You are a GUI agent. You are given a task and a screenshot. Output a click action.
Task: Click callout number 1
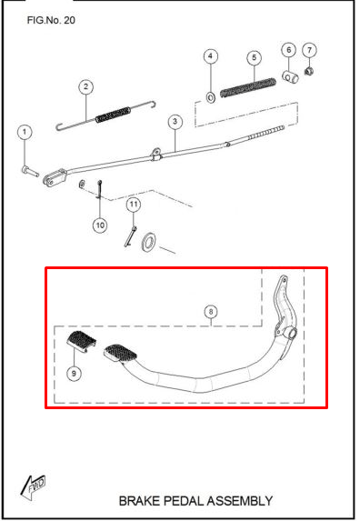(x=25, y=132)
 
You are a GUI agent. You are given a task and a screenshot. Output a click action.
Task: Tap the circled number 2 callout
(x=86, y=86)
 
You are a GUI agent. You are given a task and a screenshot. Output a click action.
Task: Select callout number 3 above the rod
(x=175, y=122)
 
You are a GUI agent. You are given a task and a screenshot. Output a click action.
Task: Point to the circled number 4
(x=211, y=56)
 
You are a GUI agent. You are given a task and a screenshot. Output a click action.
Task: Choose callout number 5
(x=254, y=58)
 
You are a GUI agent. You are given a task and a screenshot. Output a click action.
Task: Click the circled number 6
(x=288, y=50)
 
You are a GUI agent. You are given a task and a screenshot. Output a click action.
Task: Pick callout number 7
(x=309, y=50)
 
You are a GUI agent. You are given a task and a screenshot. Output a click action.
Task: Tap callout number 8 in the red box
(x=211, y=312)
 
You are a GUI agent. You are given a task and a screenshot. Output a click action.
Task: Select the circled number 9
(x=74, y=374)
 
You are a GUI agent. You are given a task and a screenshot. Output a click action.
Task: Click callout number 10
(x=100, y=225)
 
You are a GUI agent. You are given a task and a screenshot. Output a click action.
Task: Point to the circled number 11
(x=134, y=204)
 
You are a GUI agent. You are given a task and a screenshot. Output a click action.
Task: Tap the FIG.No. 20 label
(x=51, y=20)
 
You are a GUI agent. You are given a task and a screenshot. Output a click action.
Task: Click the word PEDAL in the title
(x=185, y=501)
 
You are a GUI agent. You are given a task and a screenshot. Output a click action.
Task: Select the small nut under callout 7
(x=309, y=71)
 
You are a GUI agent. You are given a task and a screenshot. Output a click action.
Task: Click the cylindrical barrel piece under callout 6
(x=290, y=77)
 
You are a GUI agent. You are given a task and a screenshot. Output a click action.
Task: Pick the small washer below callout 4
(x=211, y=97)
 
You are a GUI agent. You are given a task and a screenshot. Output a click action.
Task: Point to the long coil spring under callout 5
(x=248, y=88)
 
